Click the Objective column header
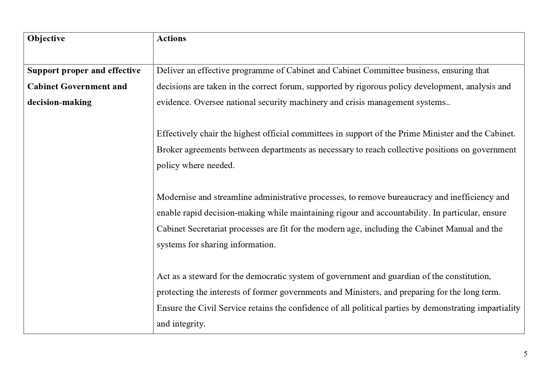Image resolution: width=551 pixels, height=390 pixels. pos(46,39)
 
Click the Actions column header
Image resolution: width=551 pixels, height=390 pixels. pos(171,39)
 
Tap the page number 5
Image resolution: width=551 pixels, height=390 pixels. pos(526,354)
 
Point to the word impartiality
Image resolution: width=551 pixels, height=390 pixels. pos(499,308)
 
